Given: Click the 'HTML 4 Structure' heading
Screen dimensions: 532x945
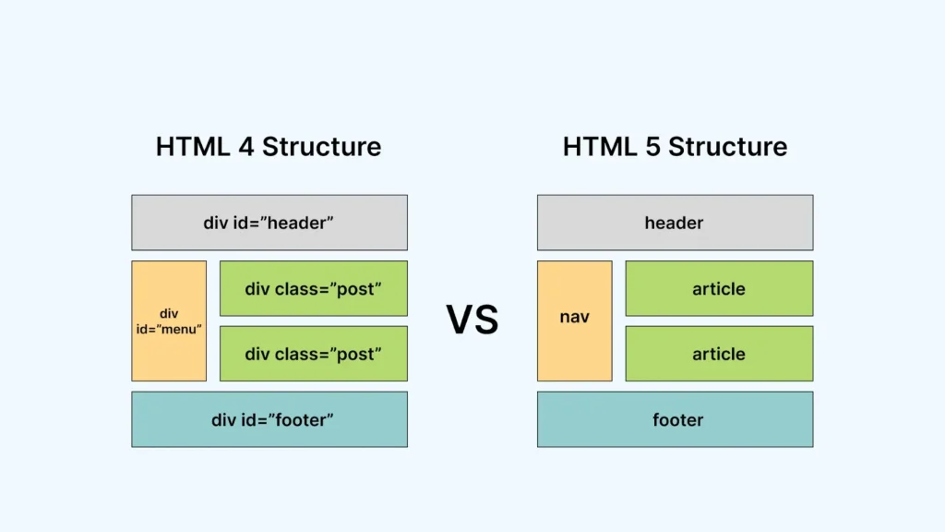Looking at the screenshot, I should click(269, 147).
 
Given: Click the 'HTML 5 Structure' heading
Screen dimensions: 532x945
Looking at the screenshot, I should click(675, 147).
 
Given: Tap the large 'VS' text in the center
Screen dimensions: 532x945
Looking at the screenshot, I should click(472, 320).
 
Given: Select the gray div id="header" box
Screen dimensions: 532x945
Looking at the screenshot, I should click(269, 223).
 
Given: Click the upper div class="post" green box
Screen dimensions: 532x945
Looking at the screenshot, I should click(313, 288).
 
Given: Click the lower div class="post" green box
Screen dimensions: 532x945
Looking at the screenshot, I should click(313, 354).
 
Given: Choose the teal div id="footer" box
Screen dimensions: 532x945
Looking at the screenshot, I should click(269, 419).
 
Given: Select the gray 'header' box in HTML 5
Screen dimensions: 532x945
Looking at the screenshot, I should click(675, 223).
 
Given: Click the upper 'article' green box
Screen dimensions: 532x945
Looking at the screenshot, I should click(719, 288).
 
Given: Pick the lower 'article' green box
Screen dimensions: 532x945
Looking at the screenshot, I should click(719, 354).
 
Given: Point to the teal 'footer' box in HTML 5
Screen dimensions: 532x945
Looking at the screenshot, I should click(675, 419).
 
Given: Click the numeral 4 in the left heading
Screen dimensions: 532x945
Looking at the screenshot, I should click(246, 147).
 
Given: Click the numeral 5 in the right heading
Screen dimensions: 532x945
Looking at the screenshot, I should click(652, 147).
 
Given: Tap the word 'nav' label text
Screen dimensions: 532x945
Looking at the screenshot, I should click(574, 318).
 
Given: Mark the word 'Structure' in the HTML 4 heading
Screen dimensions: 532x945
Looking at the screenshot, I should click(322, 147).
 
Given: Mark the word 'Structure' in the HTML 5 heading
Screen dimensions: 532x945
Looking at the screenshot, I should click(728, 147).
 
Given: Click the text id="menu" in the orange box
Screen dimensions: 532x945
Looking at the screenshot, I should click(169, 329).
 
